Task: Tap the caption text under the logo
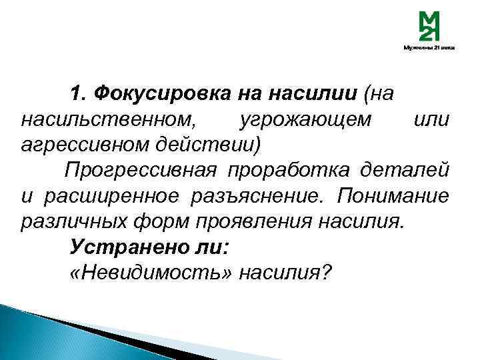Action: coord(428,48)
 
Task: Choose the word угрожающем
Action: coord(301,120)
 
